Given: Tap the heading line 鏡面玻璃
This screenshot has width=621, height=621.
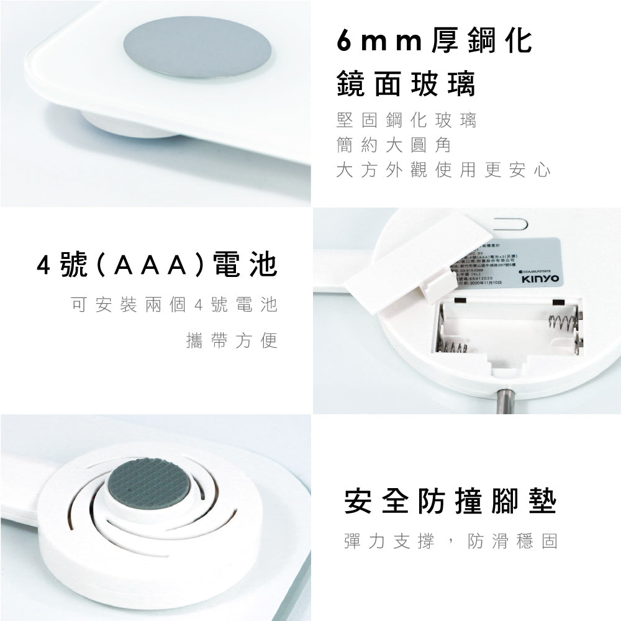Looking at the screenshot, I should coord(406,84).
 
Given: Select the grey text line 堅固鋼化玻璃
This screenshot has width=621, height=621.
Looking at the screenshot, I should coord(406,120).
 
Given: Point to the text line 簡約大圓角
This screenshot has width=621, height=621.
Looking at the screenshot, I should coord(393,145).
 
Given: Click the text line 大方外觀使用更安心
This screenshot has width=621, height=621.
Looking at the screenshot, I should coord(443,170).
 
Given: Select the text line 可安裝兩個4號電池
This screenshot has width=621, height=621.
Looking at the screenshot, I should coord(174,305).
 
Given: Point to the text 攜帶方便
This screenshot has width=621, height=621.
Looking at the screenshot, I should coord(231,341).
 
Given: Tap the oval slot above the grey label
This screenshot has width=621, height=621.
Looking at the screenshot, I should coord(510,220).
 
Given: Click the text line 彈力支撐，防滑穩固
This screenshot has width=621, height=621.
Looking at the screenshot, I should coord(450,540).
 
